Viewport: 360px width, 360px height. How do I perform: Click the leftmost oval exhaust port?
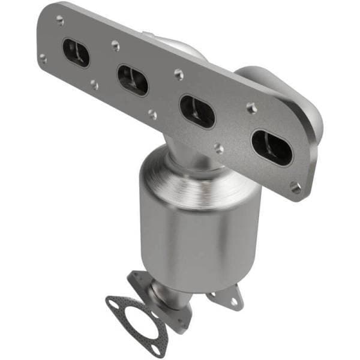(76, 53)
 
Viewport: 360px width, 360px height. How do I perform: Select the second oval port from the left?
(133, 80)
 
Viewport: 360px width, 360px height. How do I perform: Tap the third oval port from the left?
(197, 111)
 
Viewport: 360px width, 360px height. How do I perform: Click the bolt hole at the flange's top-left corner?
(60, 20)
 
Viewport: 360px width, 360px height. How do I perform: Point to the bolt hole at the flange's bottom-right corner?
(295, 188)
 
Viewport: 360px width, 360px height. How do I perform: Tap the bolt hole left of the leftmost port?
(43, 58)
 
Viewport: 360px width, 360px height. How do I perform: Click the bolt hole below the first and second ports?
(94, 85)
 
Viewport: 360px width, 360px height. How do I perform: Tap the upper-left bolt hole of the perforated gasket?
(112, 298)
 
